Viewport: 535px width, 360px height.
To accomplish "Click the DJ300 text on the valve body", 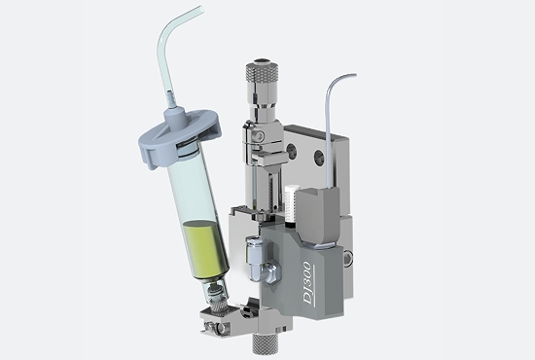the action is click(x=307, y=283).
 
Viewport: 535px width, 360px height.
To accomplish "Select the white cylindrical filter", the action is click(x=292, y=203).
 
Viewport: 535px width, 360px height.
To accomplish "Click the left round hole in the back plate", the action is click(x=291, y=151).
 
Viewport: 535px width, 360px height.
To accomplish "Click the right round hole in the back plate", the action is click(x=319, y=157).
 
